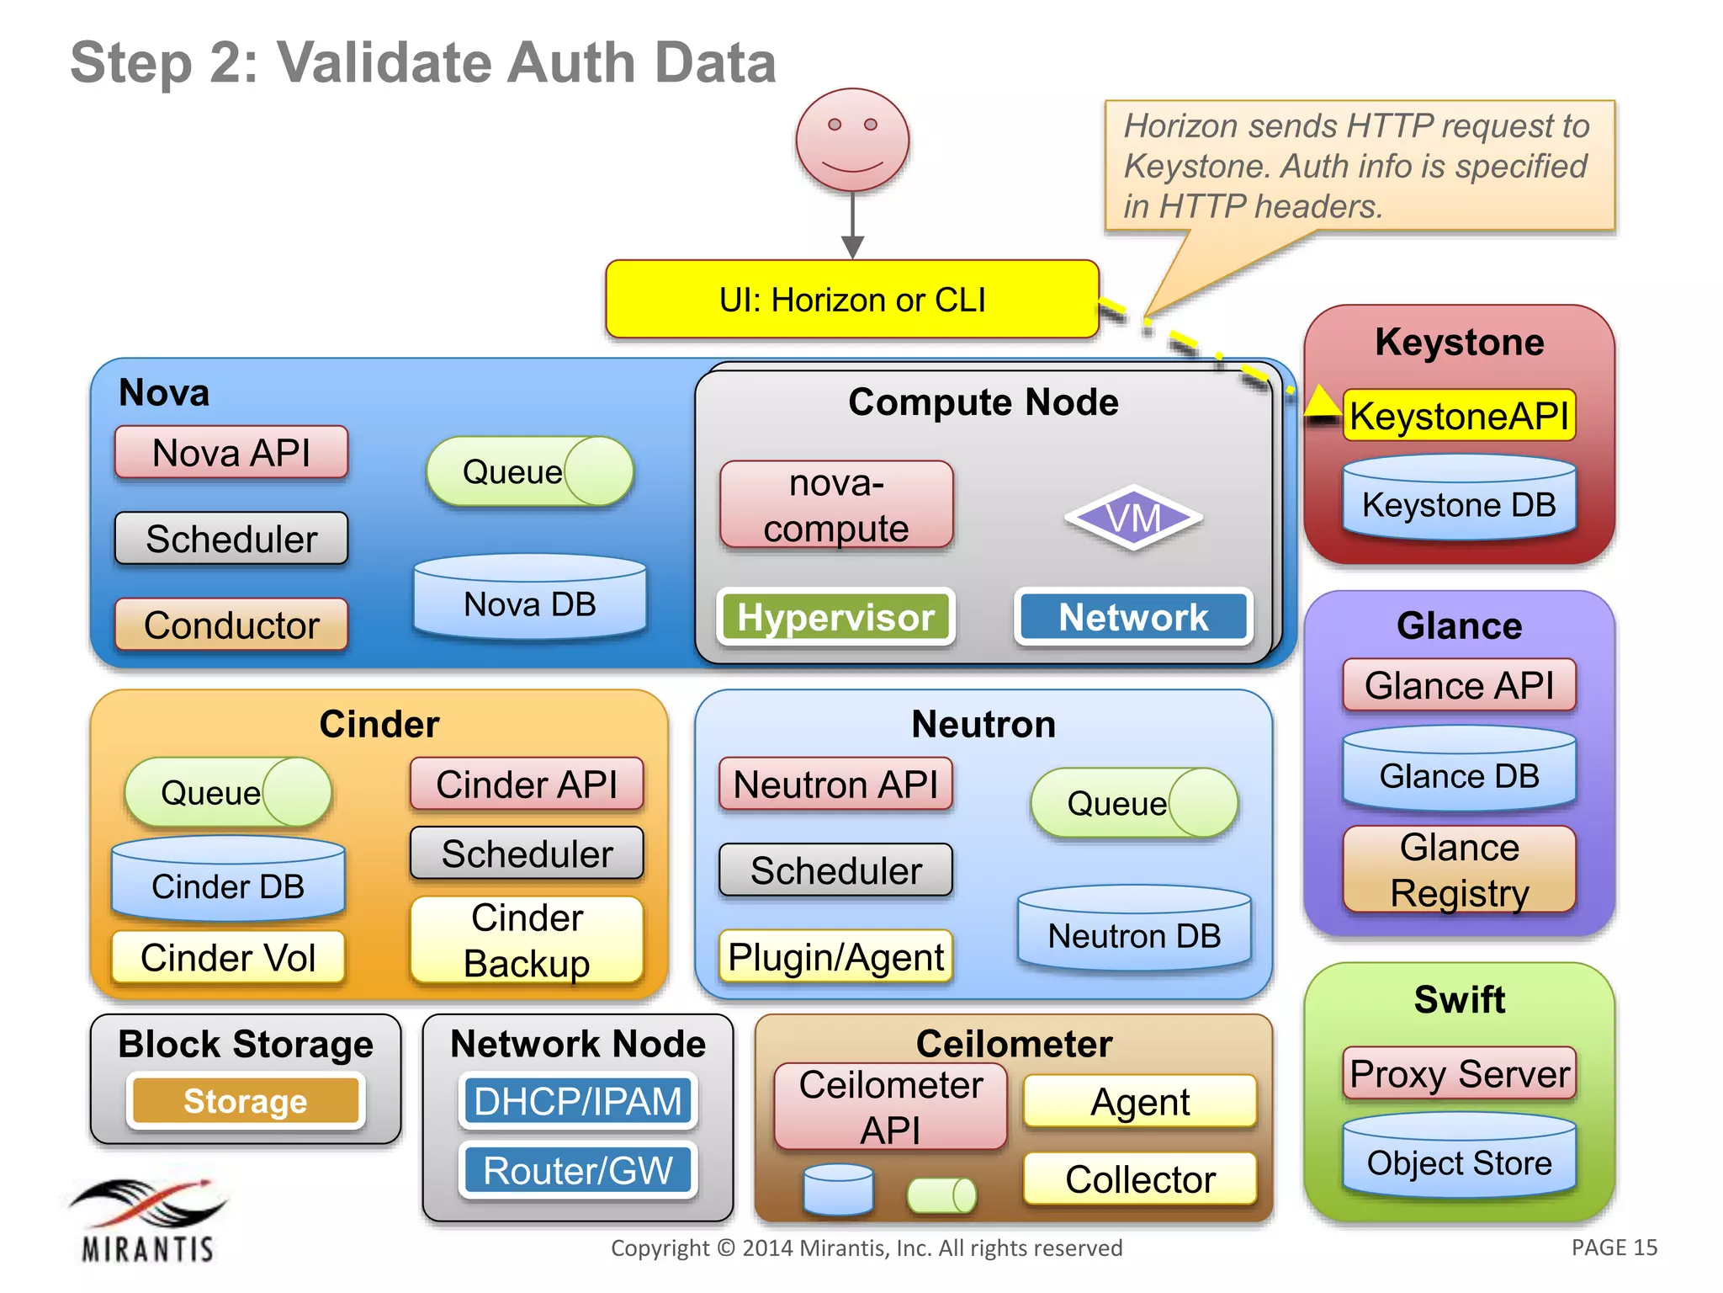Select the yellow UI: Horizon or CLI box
point(851,300)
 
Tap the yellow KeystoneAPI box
point(1459,416)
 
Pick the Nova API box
point(231,453)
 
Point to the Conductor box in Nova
point(231,625)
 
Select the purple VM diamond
point(1133,518)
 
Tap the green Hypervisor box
point(835,617)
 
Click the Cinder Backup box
point(527,940)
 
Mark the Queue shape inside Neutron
point(1133,803)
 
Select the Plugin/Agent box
point(835,957)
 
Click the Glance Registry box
point(1459,870)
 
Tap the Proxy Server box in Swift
point(1459,1073)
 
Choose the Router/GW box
point(578,1170)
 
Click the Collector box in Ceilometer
point(1140,1179)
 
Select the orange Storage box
point(246,1100)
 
